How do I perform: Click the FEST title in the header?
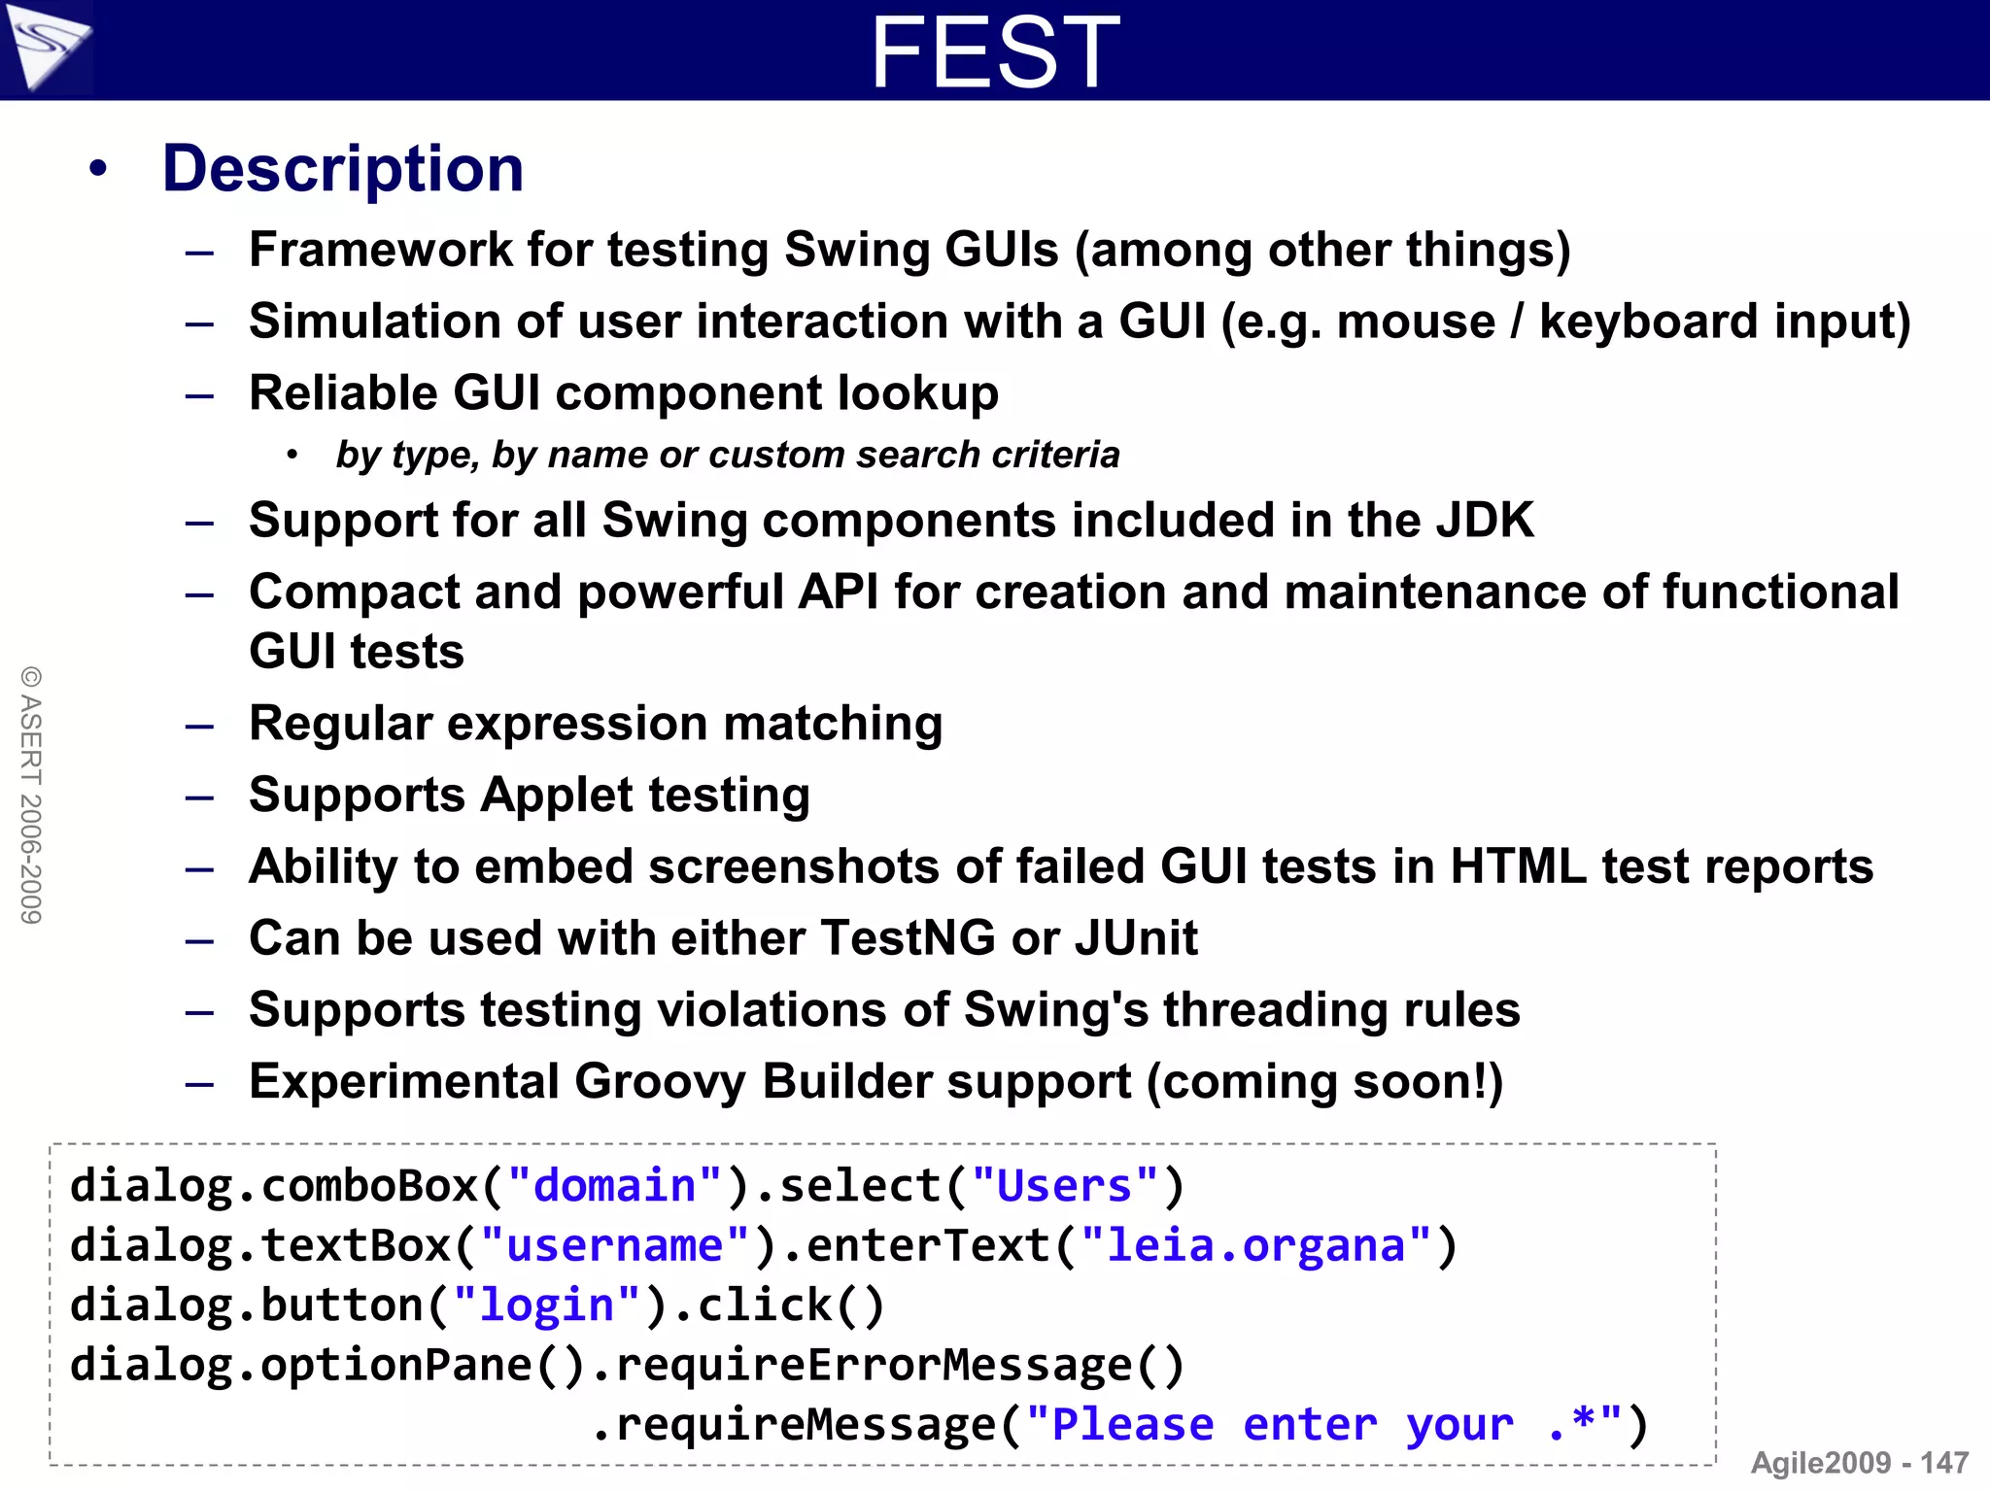(995, 52)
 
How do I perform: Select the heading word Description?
(343, 169)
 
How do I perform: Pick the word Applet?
(557, 796)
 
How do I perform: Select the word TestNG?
(908, 938)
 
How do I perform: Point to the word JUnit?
(1136, 938)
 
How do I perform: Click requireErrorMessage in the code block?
(873, 1366)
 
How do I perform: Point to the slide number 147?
(1944, 1463)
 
